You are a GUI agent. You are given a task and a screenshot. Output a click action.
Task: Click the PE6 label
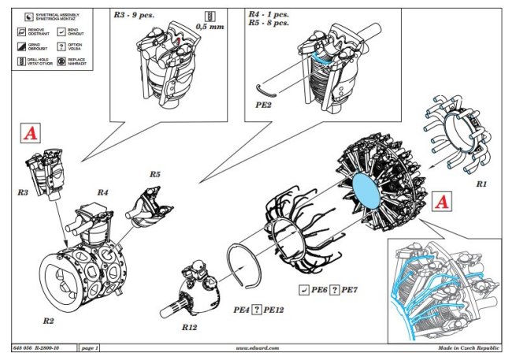click(318, 291)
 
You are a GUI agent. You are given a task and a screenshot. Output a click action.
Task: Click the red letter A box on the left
click(30, 135)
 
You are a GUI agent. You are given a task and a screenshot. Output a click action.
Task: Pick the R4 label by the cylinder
click(102, 191)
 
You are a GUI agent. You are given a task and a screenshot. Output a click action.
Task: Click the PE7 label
click(350, 291)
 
